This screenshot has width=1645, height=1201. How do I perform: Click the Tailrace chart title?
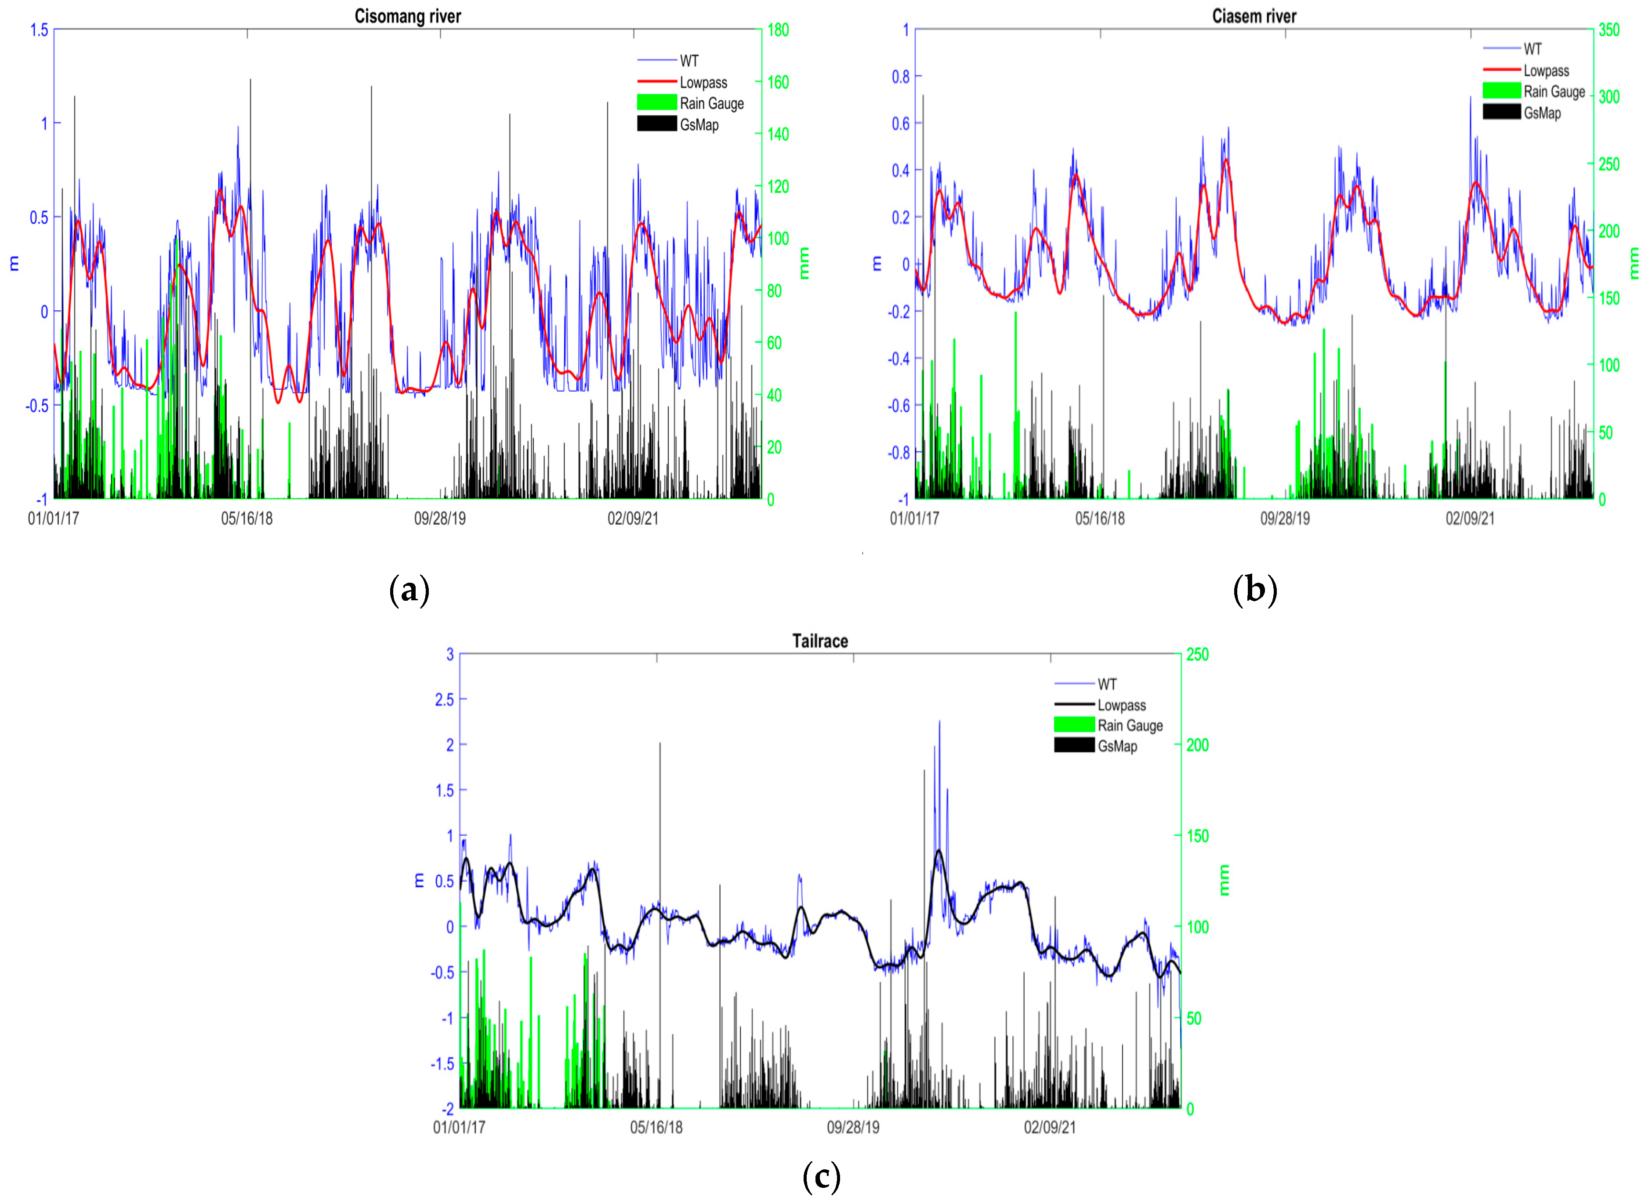(819, 640)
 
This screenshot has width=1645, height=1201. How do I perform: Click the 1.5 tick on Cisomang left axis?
(39, 30)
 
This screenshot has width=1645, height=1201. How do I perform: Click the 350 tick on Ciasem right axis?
(1609, 30)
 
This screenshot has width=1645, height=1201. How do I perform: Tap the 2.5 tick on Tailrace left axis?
(444, 699)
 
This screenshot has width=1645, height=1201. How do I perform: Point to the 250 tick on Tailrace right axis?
(1197, 654)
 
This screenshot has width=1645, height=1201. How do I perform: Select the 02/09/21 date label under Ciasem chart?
(1469, 519)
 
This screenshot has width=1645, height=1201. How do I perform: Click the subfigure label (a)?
(409, 590)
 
